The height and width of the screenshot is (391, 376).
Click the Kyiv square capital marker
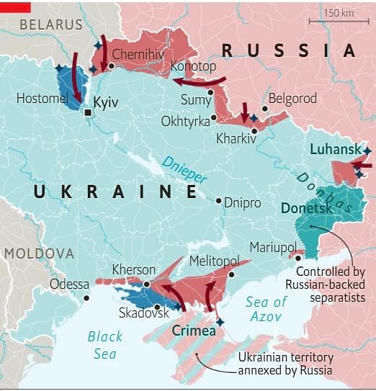tap(88, 113)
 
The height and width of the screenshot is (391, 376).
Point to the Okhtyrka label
tap(186, 120)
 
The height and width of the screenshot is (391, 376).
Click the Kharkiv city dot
tap(254, 130)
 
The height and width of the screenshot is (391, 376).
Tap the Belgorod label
tap(292, 99)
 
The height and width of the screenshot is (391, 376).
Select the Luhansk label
tap(335, 149)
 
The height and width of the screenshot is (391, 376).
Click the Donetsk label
tap(307, 207)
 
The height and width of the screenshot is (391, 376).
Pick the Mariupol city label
tap(273, 247)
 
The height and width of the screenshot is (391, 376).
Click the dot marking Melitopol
tap(231, 274)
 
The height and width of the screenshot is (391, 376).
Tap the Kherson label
tap(134, 269)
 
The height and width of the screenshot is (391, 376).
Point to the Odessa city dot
tap(86, 297)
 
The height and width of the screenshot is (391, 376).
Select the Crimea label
tap(194, 331)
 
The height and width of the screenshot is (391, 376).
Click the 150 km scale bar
tap(338, 21)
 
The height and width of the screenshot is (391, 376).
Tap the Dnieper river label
tap(184, 169)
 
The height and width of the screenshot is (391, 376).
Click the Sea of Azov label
tap(266, 309)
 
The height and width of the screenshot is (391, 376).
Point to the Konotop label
tap(193, 66)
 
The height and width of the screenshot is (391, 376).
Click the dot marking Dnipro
tap(219, 202)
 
